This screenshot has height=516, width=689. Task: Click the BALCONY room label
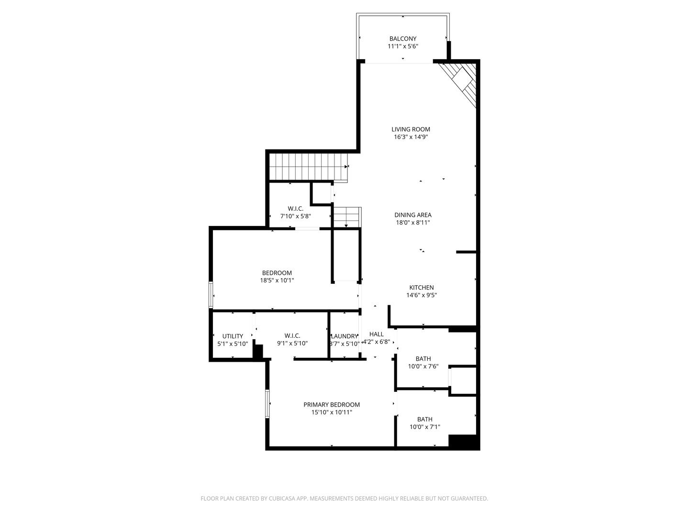tap(402, 39)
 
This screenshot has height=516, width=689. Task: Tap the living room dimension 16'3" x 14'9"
tap(411, 137)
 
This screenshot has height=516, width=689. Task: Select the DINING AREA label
tap(412, 215)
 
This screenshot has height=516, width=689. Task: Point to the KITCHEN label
tap(421, 288)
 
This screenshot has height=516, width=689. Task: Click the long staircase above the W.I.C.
tap(306, 166)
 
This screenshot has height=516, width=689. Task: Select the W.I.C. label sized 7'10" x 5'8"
tap(295, 212)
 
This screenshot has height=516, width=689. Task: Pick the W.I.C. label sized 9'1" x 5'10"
tap(292, 339)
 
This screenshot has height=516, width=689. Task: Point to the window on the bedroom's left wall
tap(211, 295)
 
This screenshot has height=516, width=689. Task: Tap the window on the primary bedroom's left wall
tap(268, 404)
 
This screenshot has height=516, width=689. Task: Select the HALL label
tap(376, 334)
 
